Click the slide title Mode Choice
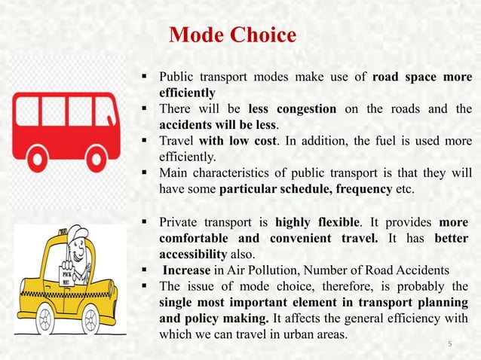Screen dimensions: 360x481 [x=232, y=35]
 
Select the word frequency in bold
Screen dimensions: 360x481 [x=355, y=188]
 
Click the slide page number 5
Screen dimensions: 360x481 [x=449, y=345]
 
